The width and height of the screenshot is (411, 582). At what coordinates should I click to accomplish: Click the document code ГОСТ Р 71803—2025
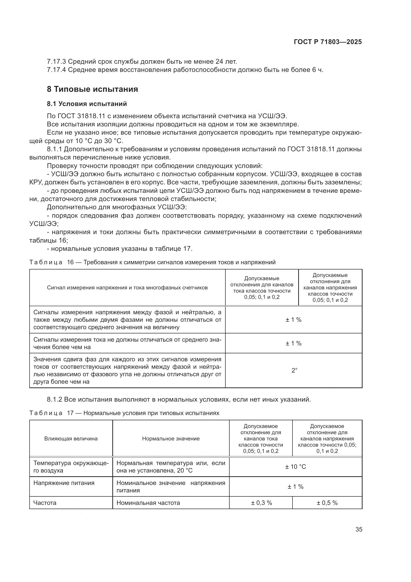click(328, 42)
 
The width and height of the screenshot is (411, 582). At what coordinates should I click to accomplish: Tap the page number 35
click(359, 529)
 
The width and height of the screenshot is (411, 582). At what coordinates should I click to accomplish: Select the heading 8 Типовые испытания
click(92, 89)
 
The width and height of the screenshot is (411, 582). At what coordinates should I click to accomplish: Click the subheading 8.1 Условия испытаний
click(87, 104)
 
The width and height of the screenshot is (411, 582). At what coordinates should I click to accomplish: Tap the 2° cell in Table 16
click(294, 370)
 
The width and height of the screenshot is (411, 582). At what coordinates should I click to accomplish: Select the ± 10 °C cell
click(295, 467)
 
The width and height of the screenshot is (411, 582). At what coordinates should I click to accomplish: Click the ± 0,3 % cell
click(261, 503)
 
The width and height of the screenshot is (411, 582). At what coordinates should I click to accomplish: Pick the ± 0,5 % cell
click(327, 503)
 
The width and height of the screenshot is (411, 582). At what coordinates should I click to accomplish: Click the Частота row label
click(45, 503)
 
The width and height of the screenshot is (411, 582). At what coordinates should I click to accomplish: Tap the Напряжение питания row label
click(64, 483)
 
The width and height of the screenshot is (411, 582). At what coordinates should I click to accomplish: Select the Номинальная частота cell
click(148, 503)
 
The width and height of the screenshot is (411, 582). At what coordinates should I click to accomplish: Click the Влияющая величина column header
click(71, 439)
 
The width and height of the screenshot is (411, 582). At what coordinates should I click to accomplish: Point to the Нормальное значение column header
click(171, 439)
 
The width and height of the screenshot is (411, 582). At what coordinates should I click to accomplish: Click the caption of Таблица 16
click(152, 262)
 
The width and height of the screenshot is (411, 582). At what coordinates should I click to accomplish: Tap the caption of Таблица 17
click(124, 413)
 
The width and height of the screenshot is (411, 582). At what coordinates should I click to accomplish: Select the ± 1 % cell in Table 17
click(295, 487)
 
